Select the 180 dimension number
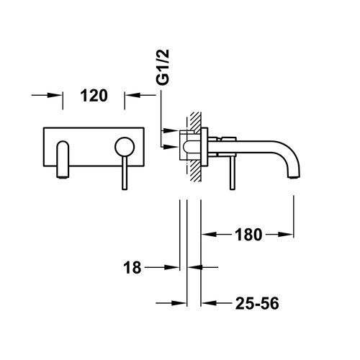(x=248, y=234)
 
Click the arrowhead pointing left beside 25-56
(x=207, y=304)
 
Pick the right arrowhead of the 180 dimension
(x=289, y=234)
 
